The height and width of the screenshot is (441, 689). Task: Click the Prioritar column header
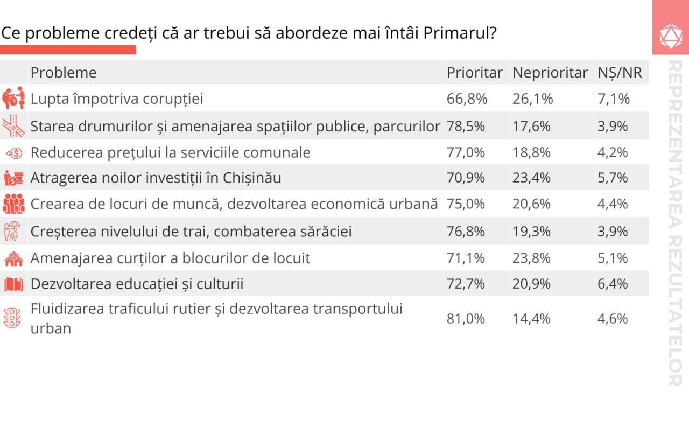tap(474, 73)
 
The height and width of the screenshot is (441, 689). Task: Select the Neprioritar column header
tap(550, 73)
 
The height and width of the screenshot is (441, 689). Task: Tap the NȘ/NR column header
tap(620, 73)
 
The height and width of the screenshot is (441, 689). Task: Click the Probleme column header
tap(64, 73)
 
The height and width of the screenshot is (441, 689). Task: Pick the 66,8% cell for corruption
tap(467, 99)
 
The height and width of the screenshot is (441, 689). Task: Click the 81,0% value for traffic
tap(466, 319)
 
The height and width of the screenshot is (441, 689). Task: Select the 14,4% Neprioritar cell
tap(531, 319)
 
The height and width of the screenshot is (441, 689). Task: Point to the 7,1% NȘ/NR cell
tap(613, 99)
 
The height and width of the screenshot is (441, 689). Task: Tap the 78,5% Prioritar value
tap(466, 126)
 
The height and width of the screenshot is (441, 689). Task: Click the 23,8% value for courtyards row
tap(531, 258)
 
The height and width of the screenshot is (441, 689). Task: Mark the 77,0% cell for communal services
tap(466, 152)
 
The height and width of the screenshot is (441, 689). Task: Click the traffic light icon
tap(12, 318)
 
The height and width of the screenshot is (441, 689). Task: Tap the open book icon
tap(13, 284)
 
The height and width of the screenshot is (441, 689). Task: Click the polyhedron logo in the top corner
tap(671, 36)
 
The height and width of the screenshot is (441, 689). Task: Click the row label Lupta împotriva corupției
tap(116, 99)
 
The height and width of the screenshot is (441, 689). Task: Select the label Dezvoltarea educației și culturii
tap(137, 284)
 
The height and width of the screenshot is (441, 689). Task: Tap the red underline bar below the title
tap(68, 50)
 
